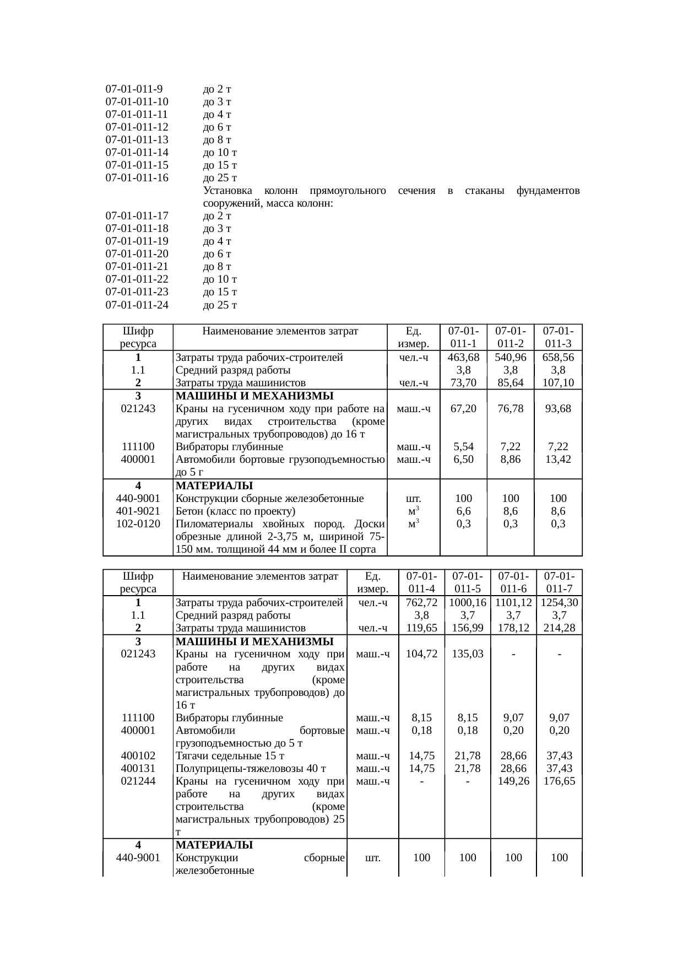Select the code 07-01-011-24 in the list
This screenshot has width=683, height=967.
pos(137,305)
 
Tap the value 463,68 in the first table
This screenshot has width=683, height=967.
pos(463,358)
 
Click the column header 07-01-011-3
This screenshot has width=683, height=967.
pos(558,337)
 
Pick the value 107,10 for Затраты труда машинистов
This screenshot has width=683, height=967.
pos(558,383)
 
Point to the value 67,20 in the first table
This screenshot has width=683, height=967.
pos(463,409)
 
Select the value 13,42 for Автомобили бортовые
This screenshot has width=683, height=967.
pos(558,459)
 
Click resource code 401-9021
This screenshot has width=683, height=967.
pos(138,511)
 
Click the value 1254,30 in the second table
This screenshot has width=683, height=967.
pos(559,603)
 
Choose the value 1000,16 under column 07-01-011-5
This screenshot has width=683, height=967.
pos(467,603)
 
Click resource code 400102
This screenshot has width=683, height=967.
pos(138,755)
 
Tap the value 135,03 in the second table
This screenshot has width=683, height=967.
pos(467,654)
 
